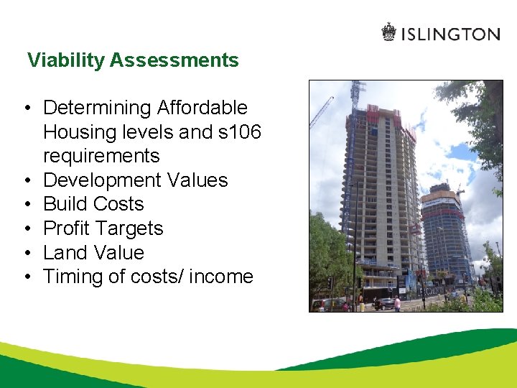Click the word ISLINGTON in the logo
(450, 34)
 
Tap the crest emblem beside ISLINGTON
(388, 32)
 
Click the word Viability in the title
(66, 60)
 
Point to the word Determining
(98, 108)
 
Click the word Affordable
(202, 108)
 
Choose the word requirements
(101, 156)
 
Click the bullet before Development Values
(25, 180)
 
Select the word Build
(65, 204)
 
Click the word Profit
(67, 228)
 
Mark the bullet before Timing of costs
(25, 277)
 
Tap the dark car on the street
(384, 303)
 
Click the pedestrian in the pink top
(397, 304)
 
